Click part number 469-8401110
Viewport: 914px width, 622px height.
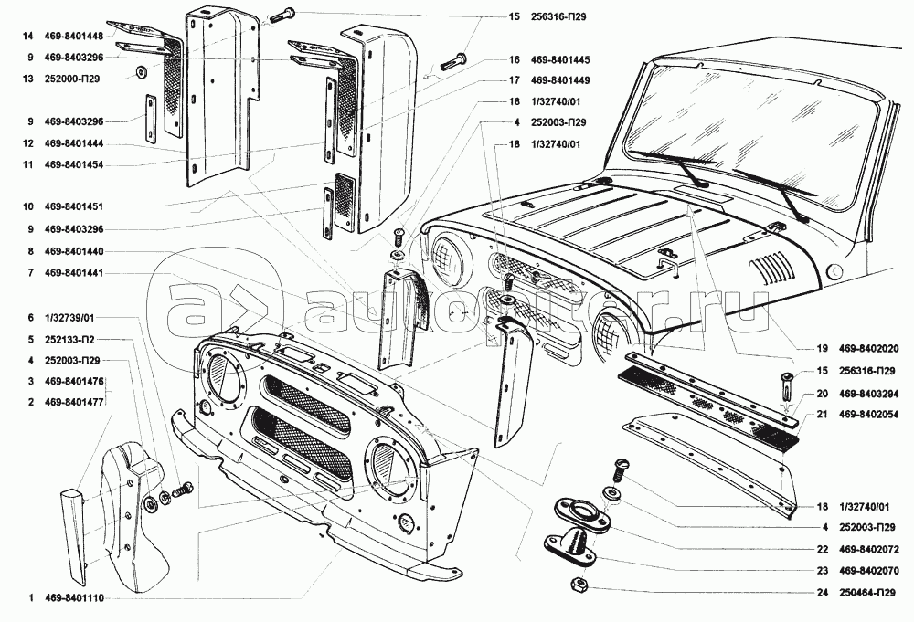click(77, 599)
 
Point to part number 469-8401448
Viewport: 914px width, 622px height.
click(77, 36)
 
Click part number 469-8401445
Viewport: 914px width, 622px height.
click(562, 59)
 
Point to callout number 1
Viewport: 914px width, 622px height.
click(30, 599)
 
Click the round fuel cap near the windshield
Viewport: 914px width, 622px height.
click(834, 271)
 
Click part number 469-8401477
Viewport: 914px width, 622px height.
click(77, 401)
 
